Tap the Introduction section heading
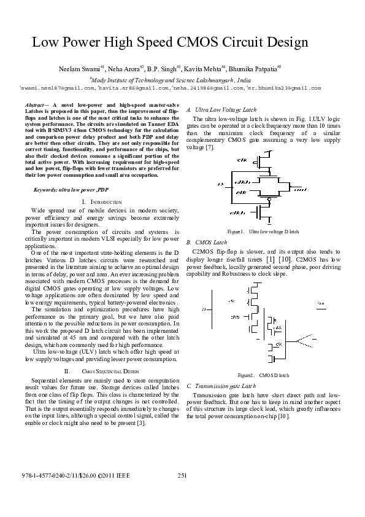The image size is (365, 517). [x=101, y=202]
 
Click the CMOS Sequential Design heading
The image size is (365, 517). [x=101, y=371]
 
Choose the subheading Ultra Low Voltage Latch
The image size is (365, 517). [x=220, y=109]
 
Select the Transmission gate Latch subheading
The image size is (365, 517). [x=220, y=386]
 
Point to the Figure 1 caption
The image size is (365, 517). [x=263, y=231]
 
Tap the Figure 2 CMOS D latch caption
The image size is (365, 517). [x=263, y=375]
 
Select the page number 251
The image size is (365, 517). [x=182, y=476]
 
